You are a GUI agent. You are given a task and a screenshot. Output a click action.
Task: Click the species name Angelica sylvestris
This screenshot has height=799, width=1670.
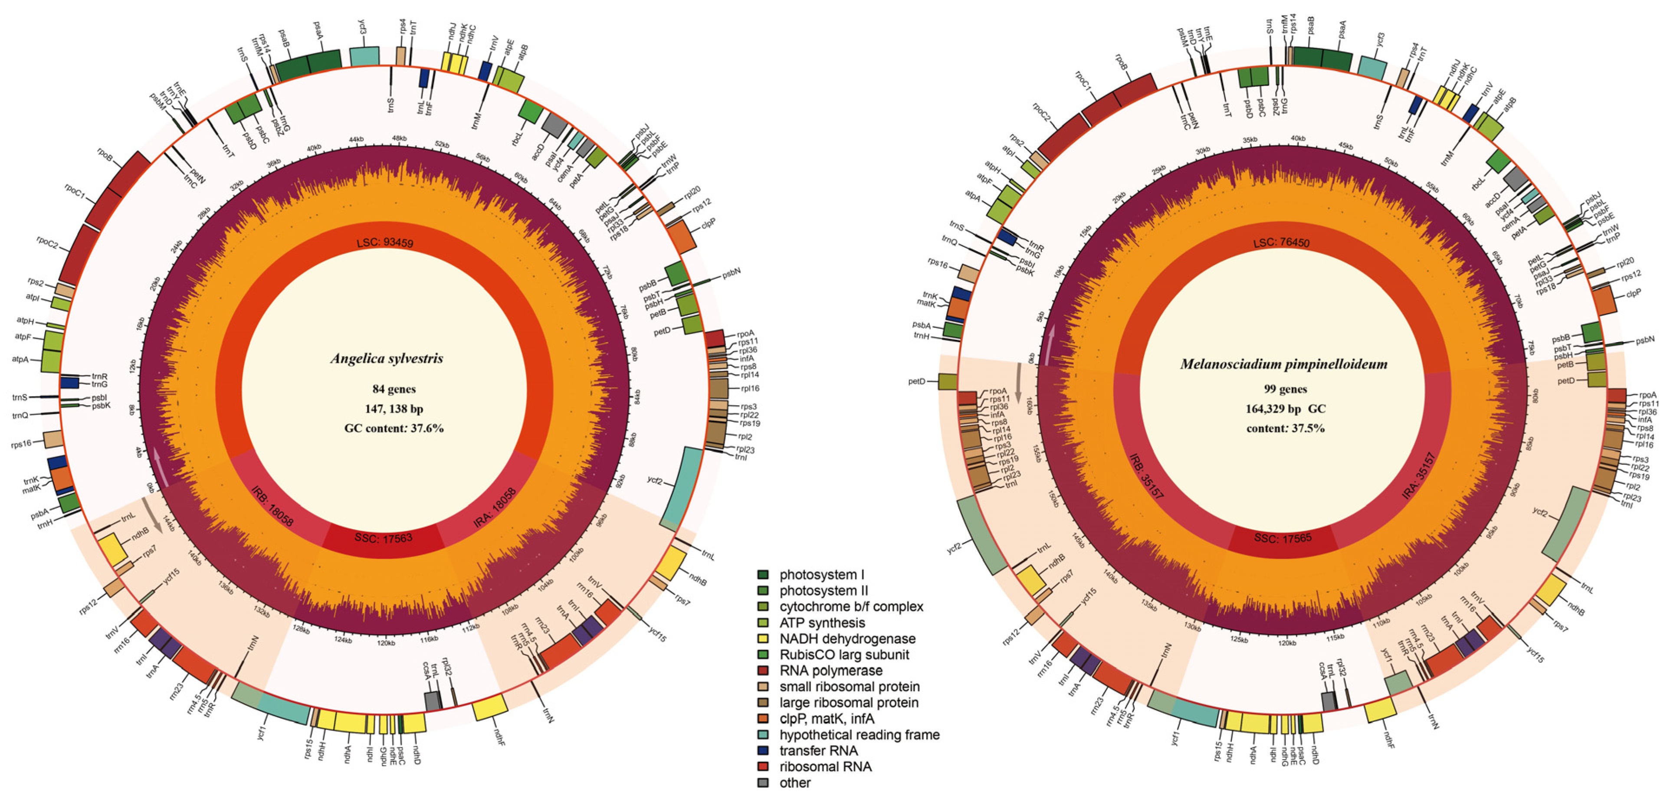point(387,358)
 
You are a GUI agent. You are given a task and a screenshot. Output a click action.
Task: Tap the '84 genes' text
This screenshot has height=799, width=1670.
point(394,389)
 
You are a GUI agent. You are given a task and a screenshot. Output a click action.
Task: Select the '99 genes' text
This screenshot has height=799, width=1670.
point(1285,389)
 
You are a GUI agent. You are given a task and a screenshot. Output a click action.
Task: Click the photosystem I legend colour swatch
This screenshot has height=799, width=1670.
point(763,575)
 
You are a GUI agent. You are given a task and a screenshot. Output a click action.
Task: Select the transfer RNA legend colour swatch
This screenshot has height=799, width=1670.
point(763,750)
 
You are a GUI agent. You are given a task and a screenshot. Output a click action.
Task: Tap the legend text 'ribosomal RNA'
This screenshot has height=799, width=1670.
point(825,766)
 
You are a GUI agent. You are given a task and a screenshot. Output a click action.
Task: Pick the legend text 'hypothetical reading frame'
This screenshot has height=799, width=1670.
point(859,735)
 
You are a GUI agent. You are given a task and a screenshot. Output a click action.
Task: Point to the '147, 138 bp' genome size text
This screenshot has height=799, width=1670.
point(394,408)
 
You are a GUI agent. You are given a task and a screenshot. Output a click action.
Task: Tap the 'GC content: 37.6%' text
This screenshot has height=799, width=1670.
point(394,428)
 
